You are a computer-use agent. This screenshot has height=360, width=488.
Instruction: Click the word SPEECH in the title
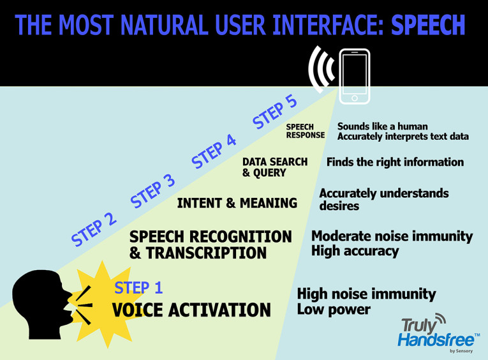point(427,25)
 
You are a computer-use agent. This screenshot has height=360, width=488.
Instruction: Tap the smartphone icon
point(355,76)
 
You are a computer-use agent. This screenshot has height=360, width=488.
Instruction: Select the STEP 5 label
point(276,111)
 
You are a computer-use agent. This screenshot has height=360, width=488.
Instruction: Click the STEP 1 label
point(138,288)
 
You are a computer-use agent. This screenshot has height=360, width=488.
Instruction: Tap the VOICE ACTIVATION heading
point(191,310)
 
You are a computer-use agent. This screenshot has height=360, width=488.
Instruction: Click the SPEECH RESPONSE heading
point(305,131)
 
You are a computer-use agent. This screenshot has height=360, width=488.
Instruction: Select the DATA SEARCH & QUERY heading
point(274,167)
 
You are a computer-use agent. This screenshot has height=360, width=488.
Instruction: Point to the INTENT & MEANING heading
point(237,203)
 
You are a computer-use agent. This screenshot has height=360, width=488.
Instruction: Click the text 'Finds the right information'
point(395,162)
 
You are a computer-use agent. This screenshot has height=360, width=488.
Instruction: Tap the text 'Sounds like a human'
point(382,126)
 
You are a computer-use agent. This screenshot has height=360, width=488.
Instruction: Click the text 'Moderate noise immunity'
point(392,236)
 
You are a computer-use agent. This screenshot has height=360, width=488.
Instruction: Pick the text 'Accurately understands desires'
point(383,199)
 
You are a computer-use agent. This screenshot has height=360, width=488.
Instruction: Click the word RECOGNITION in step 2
point(244,236)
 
